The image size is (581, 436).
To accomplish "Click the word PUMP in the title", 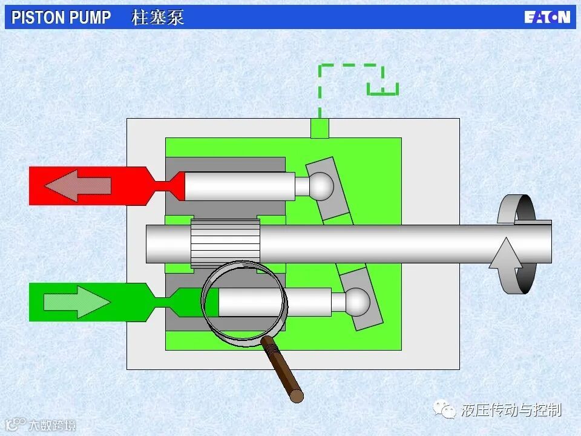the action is point(90,17).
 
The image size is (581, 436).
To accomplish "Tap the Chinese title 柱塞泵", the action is point(157,17).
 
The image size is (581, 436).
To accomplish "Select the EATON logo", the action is point(547,17).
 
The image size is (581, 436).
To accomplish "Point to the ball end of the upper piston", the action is point(321,186).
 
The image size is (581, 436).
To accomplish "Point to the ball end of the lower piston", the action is point(356,301).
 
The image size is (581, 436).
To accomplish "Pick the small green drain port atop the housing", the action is point(320,128).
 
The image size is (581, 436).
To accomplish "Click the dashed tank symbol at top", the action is point(382,90).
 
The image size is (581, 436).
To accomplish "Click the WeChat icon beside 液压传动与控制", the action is point(448,411).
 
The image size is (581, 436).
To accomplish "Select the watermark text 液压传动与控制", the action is point(511,411).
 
